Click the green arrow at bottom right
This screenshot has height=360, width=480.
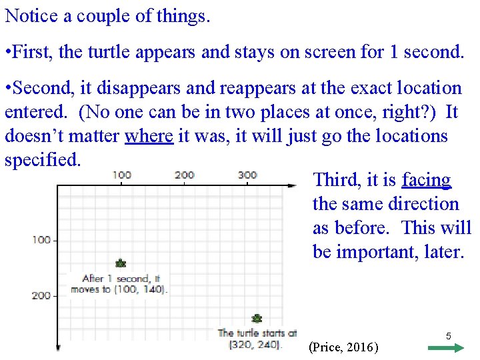click(446, 347)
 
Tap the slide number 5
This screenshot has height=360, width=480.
click(448, 337)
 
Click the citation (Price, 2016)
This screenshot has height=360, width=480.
click(344, 347)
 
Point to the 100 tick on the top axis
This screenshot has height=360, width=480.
click(121, 175)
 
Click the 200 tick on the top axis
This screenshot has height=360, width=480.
click(184, 175)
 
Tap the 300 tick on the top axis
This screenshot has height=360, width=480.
click(247, 175)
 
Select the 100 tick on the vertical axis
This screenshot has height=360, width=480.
click(41, 239)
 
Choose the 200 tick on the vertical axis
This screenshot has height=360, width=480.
click(41, 295)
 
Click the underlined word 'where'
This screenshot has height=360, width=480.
click(149, 136)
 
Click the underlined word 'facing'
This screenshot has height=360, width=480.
click(426, 180)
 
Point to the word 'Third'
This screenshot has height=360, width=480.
click(337, 180)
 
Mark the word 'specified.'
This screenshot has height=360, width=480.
click(43, 160)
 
